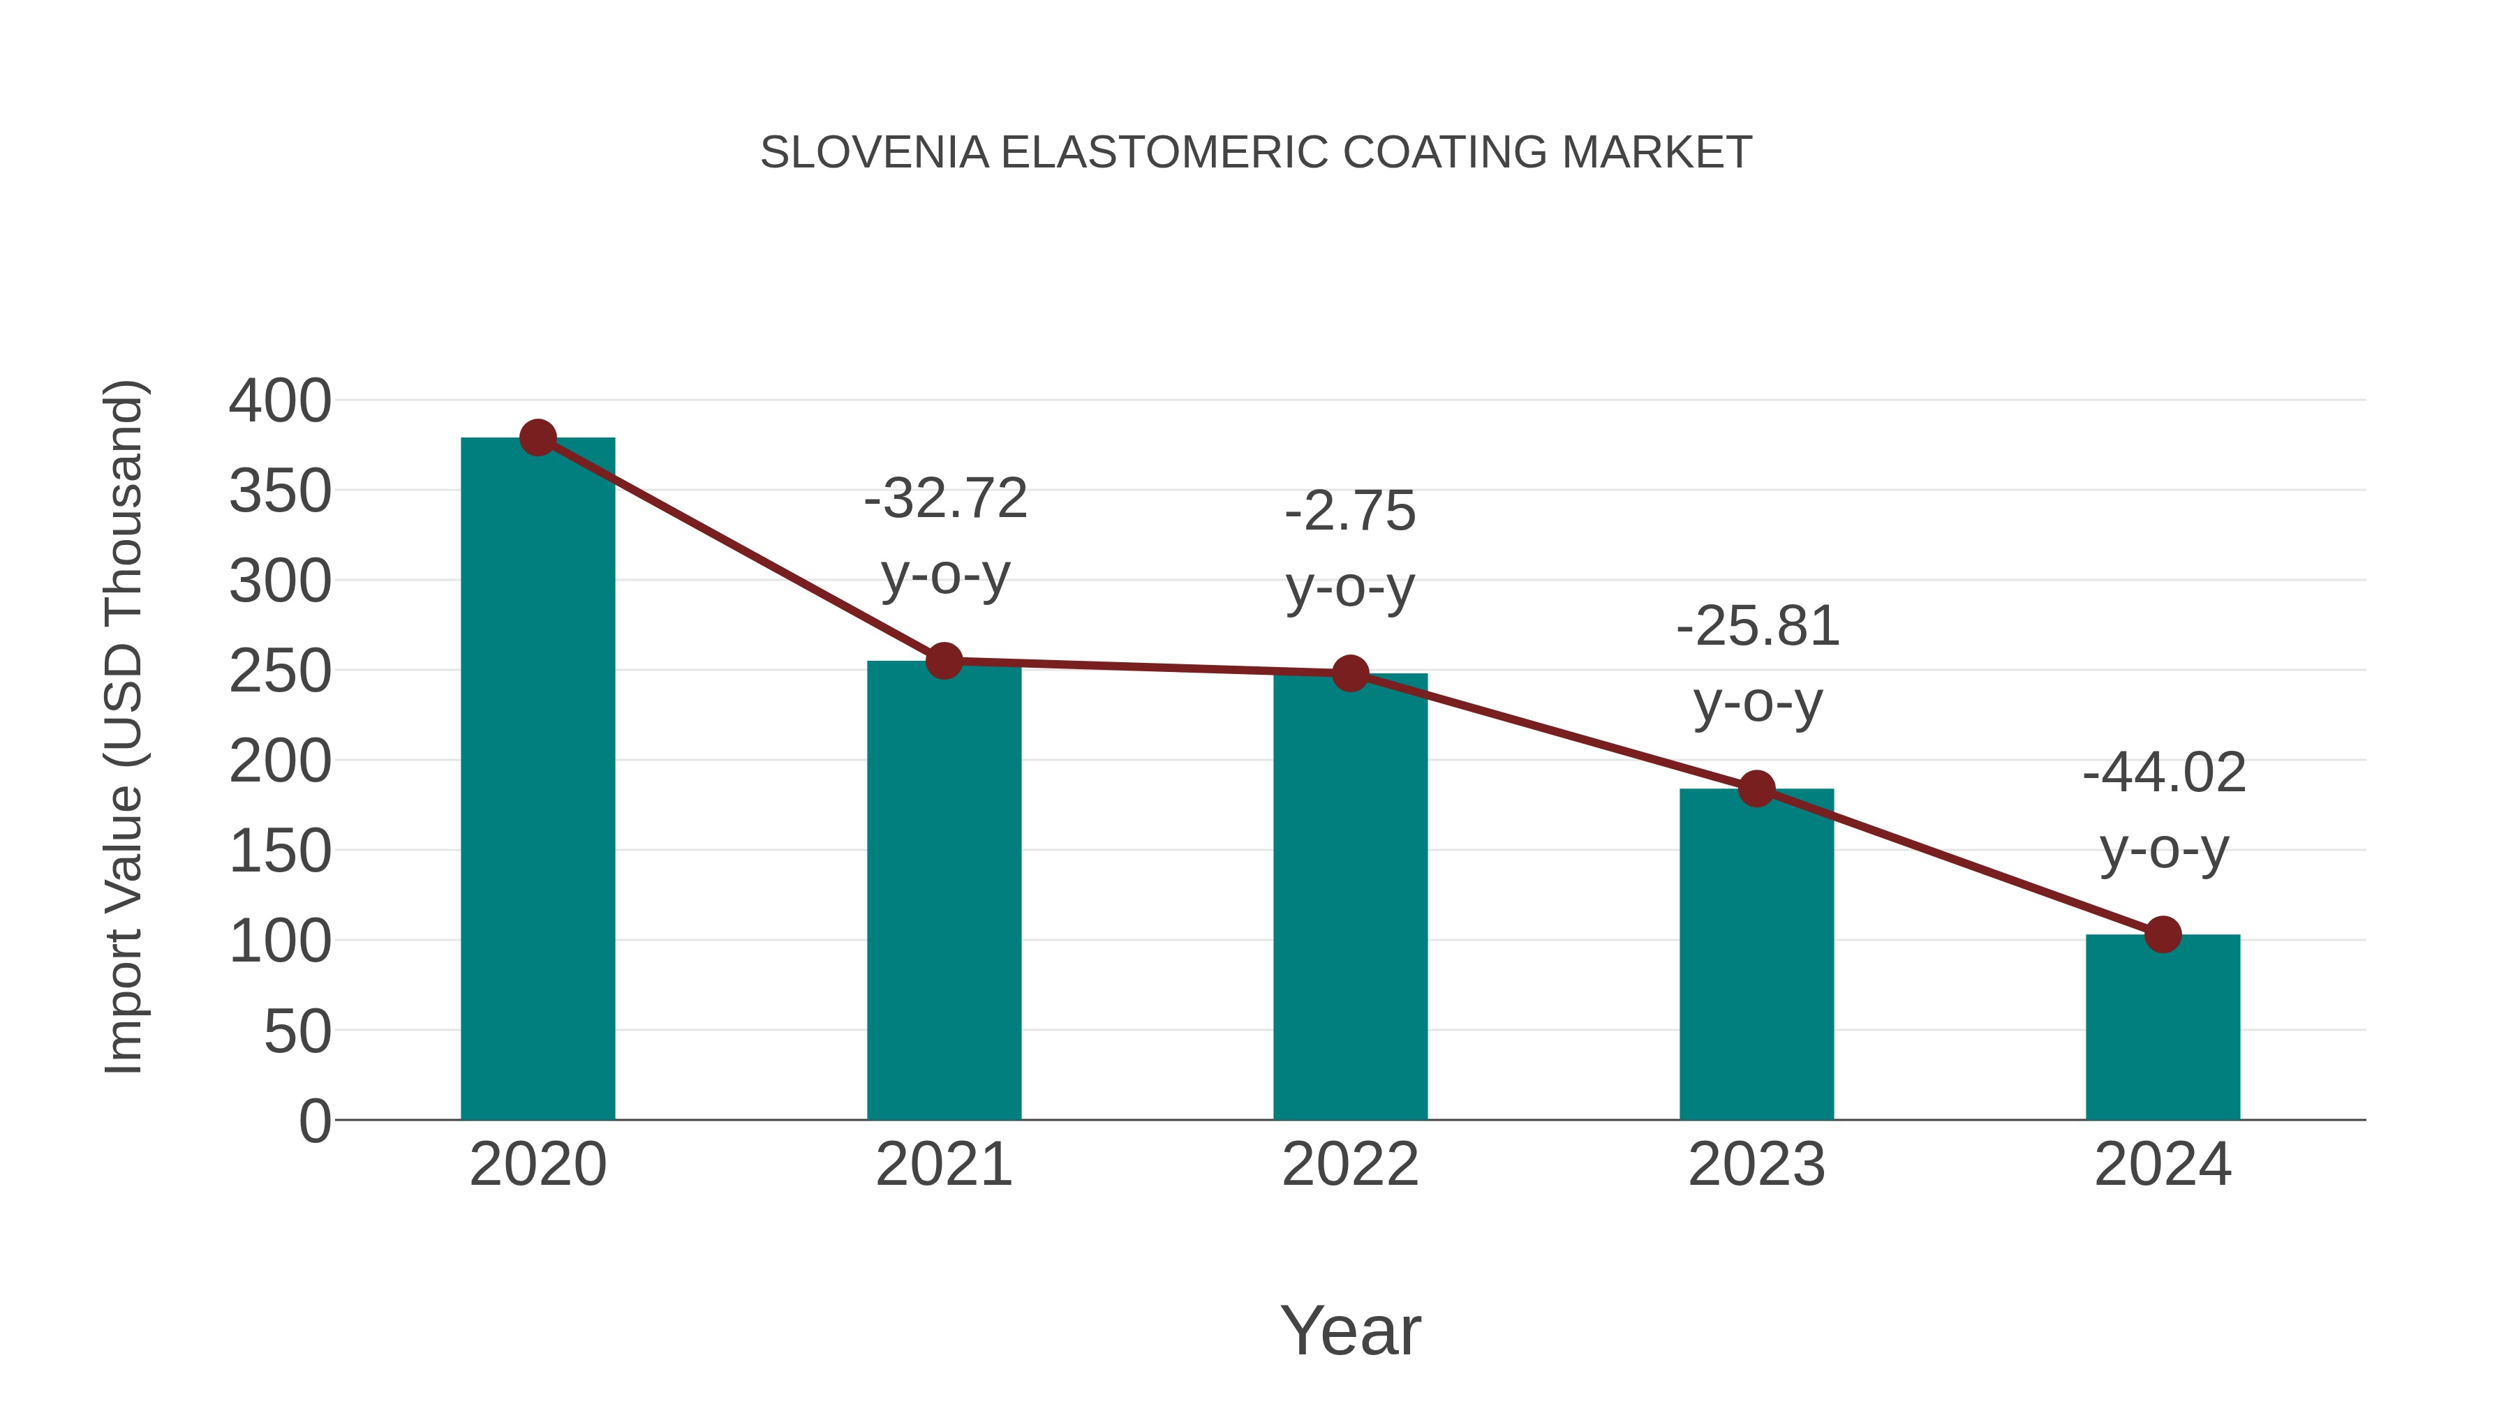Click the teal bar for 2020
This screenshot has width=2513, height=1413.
coord(538,780)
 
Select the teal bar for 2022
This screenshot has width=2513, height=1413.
coord(1350,897)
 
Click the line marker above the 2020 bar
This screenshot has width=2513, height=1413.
coord(538,438)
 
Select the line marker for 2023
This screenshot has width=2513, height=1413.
coord(1757,789)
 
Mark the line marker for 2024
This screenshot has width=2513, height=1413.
coord(2163,934)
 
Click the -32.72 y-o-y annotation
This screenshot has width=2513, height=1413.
coord(945,537)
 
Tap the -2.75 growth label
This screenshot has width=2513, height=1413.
coord(1350,549)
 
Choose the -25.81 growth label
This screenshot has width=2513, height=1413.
coord(1758,664)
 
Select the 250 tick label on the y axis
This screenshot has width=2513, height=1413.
coord(280,672)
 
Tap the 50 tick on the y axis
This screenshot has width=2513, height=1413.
coord(297,1032)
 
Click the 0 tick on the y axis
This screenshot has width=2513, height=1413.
coord(315,1121)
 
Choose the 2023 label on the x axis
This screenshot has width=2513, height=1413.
coord(1757,1165)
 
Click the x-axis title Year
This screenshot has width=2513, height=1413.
coord(1350,1330)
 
